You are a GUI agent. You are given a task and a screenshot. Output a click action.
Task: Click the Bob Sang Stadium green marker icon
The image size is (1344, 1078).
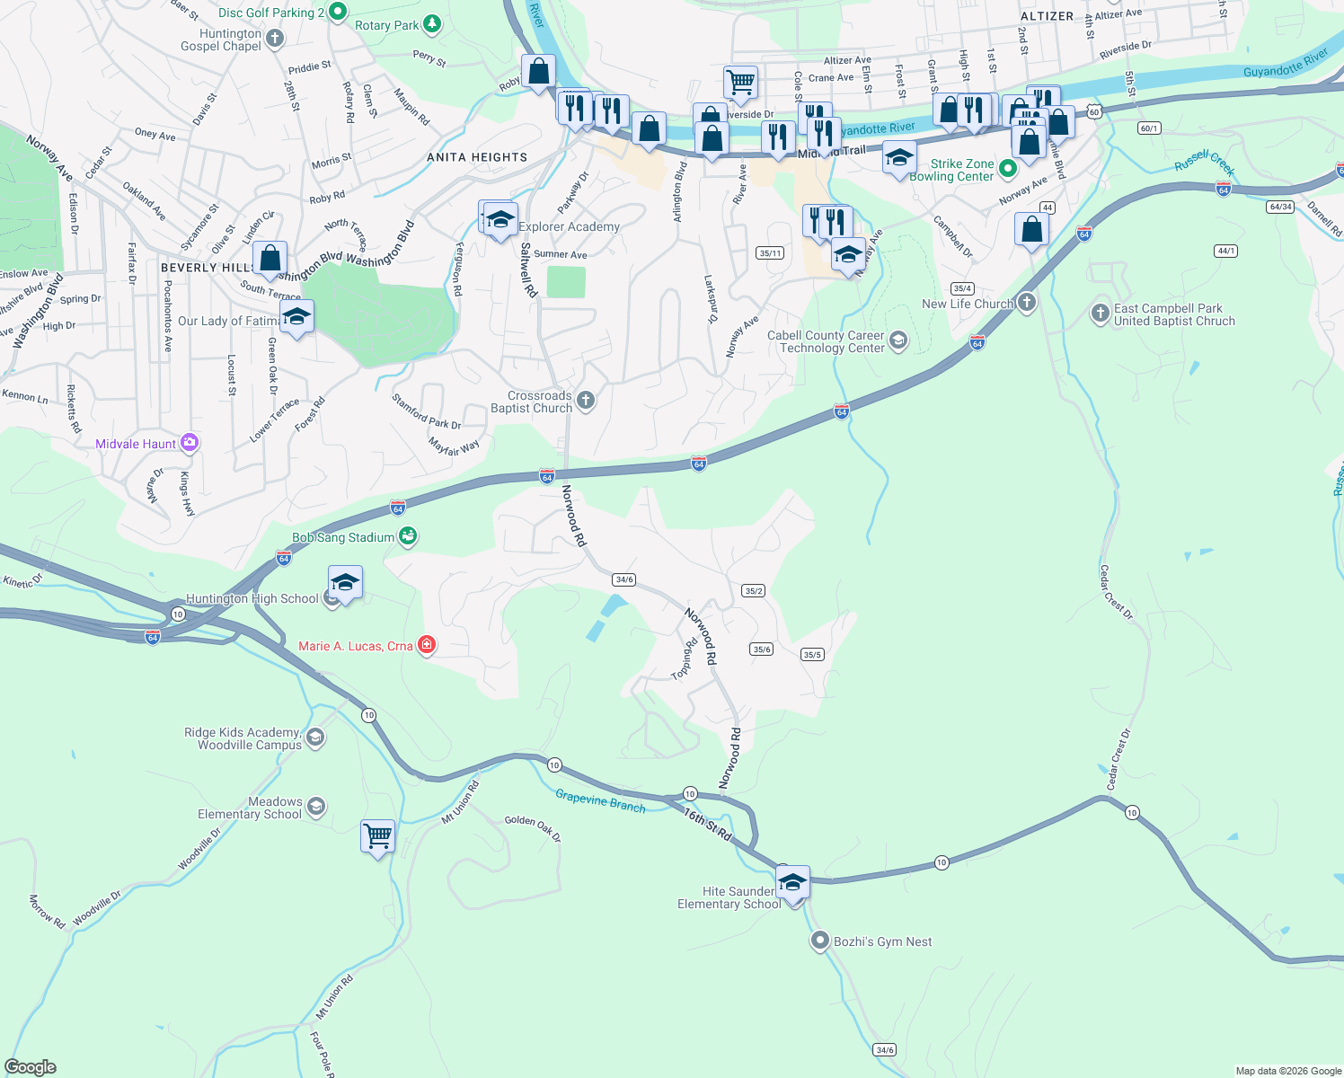pyautogui.click(x=408, y=536)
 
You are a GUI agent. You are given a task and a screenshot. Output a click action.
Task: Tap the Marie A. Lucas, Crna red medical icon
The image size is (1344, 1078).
pyautogui.click(x=427, y=645)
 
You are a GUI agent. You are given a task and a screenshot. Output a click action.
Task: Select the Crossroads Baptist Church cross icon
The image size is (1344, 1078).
pyautogui.click(x=586, y=401)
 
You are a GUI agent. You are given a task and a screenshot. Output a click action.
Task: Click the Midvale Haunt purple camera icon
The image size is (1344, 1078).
pyautogui.click(x=189, y=443)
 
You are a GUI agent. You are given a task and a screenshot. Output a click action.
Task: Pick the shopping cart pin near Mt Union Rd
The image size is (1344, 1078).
pyautogui.click(x=378, y=836)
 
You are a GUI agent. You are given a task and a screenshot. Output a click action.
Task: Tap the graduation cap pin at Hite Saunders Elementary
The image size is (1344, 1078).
pyautogui.click(x=792, y=882)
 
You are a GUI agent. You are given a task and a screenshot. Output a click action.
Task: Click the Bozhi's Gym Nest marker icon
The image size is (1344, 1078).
pyautogui.click(x=819, y=941)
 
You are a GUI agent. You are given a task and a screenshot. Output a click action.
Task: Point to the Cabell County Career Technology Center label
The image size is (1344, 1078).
pyautogui.click(x=825, y=341)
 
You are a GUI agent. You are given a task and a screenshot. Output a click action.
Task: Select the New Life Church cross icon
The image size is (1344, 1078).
pyautogui.click(x=1026, y=303)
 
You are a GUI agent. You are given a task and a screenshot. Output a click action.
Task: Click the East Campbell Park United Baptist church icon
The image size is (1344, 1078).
pyautogui.click(x=1100, y=313)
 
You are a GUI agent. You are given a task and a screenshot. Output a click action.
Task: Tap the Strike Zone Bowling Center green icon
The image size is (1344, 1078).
pyautogui.click(x=1007, y=168)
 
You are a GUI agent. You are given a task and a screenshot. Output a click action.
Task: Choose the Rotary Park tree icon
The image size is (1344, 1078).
pyautogui.click(x=432, y=23)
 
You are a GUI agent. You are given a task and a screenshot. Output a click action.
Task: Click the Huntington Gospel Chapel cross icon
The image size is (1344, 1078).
pyautogui.click(x=275, y=39)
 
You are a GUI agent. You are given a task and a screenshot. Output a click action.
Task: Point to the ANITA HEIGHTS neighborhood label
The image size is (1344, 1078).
pyautogui.click(x=477, y=157)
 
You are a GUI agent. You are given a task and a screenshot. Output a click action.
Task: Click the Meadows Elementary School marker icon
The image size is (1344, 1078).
pyautogui.click(x=315, y=806)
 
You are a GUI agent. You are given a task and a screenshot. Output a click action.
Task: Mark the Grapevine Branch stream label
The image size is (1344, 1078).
pyautogui.click(x=600, y=800)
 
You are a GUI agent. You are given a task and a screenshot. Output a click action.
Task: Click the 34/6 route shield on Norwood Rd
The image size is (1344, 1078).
pyautogui.click(x=623, y=579)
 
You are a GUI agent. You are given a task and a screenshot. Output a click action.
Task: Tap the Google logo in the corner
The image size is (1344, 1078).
pyautogui.click(x=31, y=1066)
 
